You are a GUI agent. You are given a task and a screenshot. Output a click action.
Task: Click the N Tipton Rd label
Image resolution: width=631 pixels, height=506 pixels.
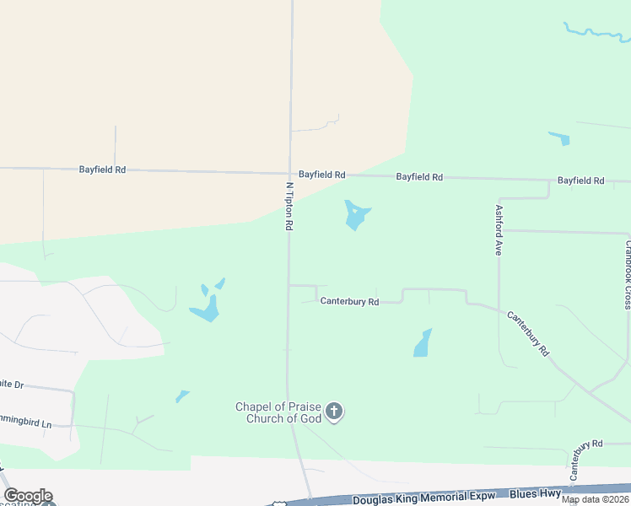point(289,207)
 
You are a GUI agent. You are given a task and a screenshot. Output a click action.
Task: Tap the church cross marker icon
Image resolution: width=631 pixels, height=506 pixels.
point(334,412)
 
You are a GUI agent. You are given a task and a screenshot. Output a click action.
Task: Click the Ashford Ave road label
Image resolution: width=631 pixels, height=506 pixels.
point(499,230)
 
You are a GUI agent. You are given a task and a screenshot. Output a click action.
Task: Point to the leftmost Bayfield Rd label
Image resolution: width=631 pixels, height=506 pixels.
point(102,170)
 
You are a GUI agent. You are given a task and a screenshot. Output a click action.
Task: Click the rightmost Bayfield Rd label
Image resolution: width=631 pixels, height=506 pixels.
point(580,180)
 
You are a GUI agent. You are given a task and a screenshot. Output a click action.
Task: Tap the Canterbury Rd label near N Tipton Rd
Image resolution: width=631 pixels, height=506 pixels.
point(349,301)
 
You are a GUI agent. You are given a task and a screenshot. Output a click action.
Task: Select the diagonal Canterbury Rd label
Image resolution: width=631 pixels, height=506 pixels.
point(528,331)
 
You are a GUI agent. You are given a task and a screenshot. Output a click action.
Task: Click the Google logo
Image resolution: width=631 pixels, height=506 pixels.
point(28,496)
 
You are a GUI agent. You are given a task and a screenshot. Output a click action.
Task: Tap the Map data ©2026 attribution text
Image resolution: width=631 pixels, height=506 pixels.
point(596,499)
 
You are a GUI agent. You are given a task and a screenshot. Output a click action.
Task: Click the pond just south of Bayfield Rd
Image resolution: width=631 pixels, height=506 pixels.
point(356,215)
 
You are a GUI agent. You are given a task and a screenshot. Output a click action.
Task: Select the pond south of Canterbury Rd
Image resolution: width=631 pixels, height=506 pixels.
point(423,343)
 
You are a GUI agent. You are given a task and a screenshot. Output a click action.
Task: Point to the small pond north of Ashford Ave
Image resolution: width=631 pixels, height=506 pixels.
point(559,138)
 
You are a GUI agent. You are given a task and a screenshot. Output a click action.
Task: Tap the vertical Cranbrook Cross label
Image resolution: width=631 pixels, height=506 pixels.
point(627,275)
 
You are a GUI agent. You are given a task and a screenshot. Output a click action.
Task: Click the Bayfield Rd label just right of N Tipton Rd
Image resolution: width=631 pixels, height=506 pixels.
point(321,175)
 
